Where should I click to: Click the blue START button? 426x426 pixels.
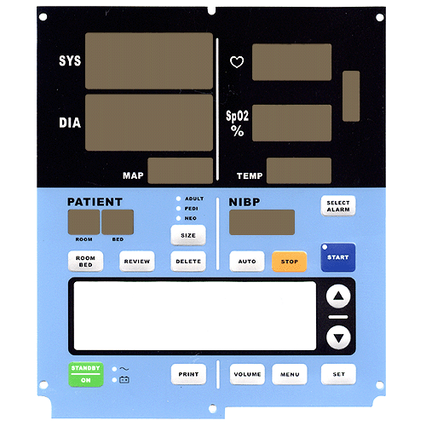point(338,257)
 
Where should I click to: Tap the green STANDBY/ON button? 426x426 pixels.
point(86,374)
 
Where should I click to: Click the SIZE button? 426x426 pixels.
point(188,235)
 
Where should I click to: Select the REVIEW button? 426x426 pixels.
point(137,262)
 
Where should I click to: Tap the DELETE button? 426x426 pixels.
point(188,262)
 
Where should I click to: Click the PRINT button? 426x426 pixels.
point(188,374)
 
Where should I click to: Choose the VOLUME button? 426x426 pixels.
point(247,374)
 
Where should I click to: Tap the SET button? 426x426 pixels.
point(338,374)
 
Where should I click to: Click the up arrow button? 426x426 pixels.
point(338,296)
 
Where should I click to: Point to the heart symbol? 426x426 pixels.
point(237,62)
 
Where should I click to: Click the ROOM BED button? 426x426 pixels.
point(85,262)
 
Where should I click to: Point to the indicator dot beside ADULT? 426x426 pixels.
point(178,199)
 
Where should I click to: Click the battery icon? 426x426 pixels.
point(124,380)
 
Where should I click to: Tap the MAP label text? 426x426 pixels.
point(133,176)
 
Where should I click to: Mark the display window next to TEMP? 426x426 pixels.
point(299,170)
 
